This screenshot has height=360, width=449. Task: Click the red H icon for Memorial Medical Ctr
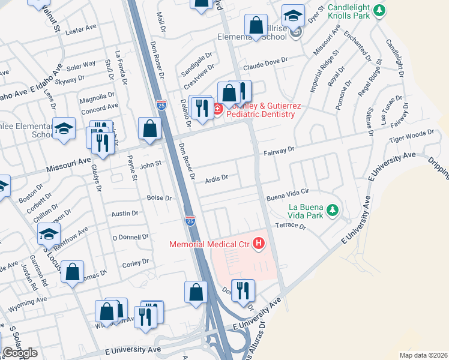point(259,244)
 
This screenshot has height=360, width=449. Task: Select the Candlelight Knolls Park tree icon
point(379,10)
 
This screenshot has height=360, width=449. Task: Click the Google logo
point(20,352)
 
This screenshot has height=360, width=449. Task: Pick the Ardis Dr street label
point(217,178)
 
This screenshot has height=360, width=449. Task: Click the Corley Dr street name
point(135,262)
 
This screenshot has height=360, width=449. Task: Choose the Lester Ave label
point(81,29)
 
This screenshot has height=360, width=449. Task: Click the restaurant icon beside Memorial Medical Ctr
point(243,290)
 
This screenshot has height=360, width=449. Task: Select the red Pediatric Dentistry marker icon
point(217,110)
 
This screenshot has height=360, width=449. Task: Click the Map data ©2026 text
point(423,355)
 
